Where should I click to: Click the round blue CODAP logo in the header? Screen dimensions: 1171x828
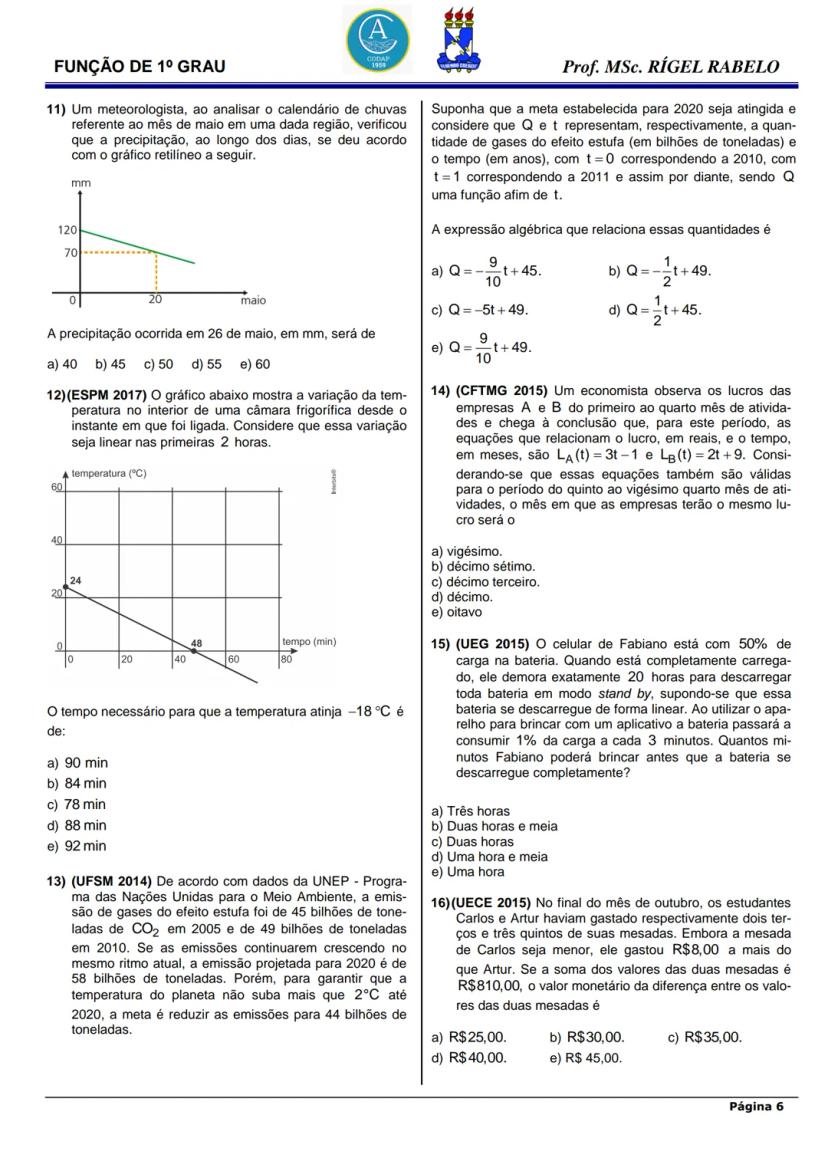(377, 37)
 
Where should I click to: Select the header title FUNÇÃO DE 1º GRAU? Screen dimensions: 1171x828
(139, 67)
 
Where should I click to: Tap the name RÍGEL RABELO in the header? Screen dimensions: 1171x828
(714, 67)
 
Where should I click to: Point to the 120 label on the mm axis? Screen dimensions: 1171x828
(67, 230)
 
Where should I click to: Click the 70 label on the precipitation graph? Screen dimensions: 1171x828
(71, 252)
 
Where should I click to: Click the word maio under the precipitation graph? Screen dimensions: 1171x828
(253, 299)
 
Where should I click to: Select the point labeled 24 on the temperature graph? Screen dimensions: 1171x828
(66, 587)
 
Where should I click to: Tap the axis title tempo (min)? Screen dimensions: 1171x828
(309, 641)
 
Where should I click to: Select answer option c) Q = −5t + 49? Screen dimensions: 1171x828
(479, 309)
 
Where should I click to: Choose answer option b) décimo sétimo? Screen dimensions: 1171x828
(482, 566)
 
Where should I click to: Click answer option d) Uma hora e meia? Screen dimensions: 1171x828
(489, 856)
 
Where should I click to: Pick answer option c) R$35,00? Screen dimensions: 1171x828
(704, 1037)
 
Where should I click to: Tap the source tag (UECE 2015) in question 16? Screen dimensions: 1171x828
(493, 902)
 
